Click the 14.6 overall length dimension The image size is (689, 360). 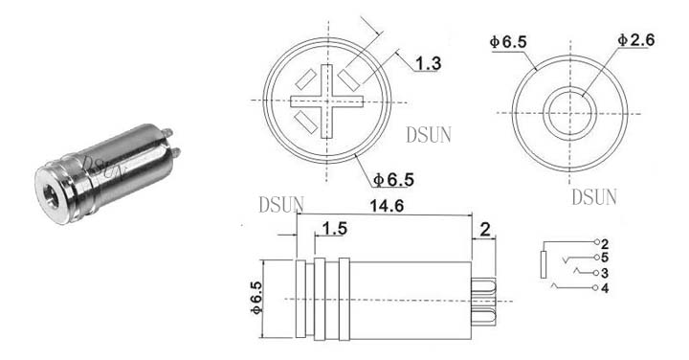(387, 206)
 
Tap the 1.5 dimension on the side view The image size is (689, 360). (334, 229)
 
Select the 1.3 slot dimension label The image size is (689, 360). (428, 64)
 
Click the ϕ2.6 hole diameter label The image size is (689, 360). (635, 40)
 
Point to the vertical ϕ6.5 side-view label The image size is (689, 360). (256, 298)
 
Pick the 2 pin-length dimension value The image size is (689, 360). (484, 230)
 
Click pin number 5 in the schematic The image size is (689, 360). (605, 258)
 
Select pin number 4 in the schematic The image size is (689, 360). (605, 288)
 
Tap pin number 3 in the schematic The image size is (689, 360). (605, 273)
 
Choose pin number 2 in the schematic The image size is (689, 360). (605, 243)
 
